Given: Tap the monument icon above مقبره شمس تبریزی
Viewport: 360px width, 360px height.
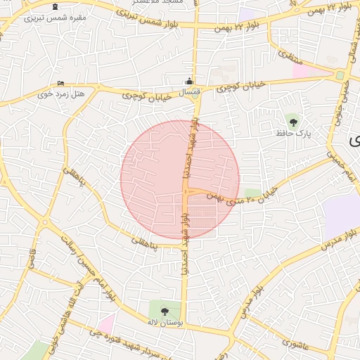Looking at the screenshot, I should point(55,6).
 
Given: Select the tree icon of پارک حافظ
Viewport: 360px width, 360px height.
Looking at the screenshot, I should point(293,122).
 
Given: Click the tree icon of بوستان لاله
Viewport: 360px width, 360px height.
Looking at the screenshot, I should point(165,310).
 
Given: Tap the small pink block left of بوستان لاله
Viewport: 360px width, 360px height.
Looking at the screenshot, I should point(106,323).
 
